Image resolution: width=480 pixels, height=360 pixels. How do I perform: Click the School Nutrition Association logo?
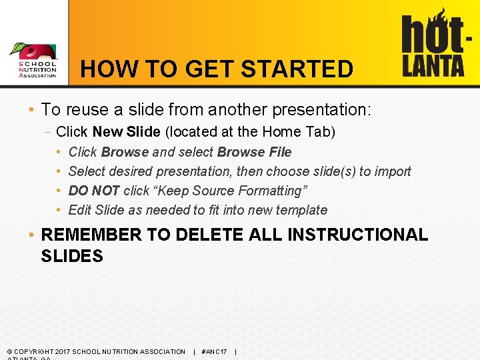coord(34,61)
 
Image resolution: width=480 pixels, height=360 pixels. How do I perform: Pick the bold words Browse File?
coord(254,152)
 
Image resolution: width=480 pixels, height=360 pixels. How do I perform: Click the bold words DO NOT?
coord(94,191)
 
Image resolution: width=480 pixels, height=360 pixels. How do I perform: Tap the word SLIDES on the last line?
coord(72,256)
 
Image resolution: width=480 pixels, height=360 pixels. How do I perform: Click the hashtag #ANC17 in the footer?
coord(214,351)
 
